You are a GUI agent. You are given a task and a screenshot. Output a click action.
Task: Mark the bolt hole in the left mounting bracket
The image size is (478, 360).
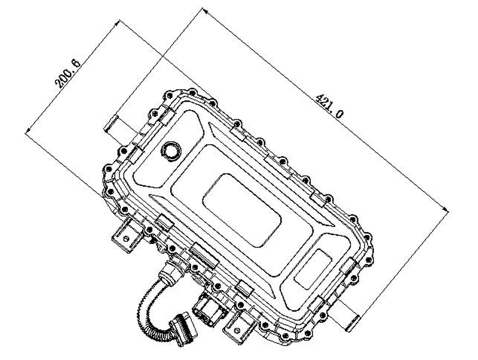coord(125,237)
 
